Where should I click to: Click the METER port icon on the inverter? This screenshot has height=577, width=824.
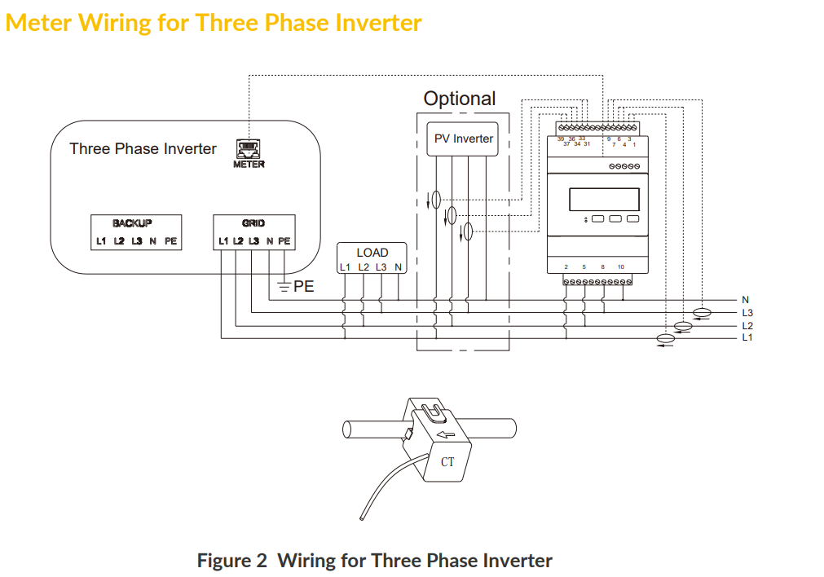(x=249, y=148)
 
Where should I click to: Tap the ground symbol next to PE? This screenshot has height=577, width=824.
(x=283, y=287)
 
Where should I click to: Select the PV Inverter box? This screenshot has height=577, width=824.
(x=462, y=139)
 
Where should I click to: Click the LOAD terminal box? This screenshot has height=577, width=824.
(x=372, y=259)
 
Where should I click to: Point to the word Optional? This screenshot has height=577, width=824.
(x=459, y=99)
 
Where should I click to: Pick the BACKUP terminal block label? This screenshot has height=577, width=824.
(x=132, y=222)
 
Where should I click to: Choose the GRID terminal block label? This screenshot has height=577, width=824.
(x=253, y=222)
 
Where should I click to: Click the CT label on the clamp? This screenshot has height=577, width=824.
(x=447, y=462)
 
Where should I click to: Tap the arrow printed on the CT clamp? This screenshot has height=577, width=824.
(x=446, y=434)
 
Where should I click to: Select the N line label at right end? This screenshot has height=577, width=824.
(x=745, y=300)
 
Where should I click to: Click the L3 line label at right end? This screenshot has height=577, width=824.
(x=747, y=312)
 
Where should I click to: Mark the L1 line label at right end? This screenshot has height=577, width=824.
(x=747, y=337)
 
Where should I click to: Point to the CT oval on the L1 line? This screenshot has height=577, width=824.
(x=666, y=338)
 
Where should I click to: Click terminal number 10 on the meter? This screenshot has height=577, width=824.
(x=620, y=267)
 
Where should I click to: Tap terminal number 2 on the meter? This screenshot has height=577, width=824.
(x=566, y=267)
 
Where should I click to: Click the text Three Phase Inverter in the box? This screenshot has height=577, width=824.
(x=143, y=149)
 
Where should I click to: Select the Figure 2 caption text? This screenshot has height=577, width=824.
(x=374, y=561)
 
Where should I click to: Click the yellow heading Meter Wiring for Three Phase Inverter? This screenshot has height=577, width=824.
(x=214, y=22)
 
